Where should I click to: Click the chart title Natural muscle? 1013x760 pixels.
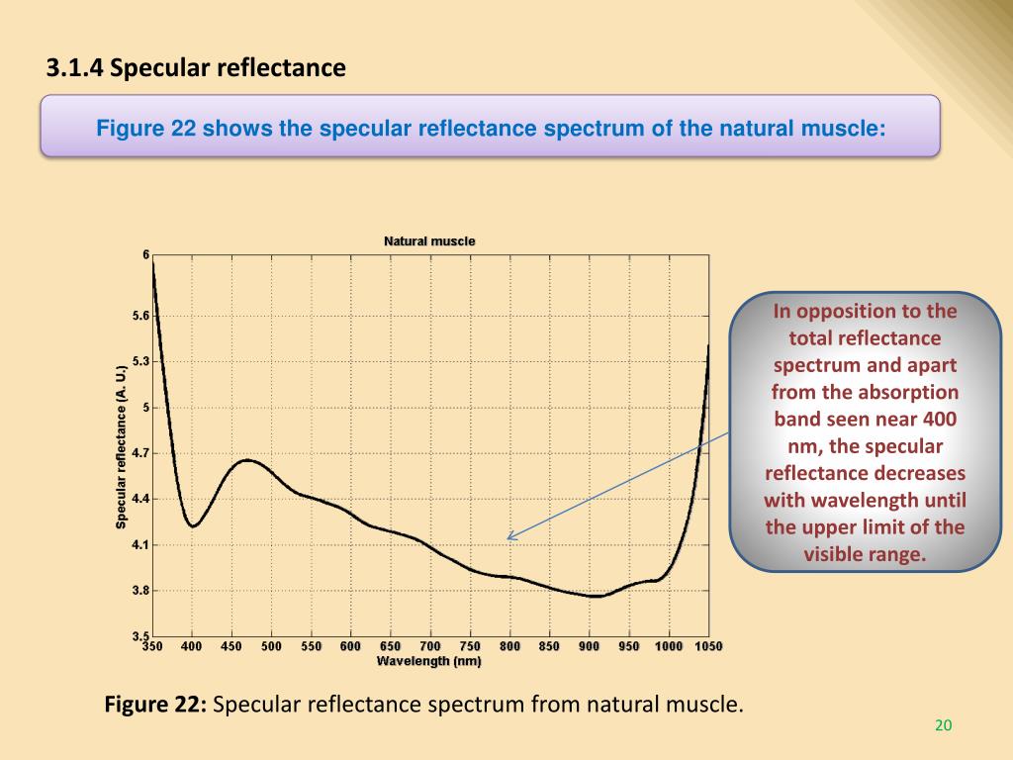pos(429,241)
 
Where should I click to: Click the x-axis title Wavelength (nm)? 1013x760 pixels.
pos(428,661)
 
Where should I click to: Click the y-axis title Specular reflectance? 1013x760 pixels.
pos(122,445)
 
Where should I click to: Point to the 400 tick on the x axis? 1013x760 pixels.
pos(192,646)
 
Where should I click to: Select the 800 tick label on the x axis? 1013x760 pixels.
pos(509,646)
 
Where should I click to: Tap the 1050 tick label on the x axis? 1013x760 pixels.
pos(707,646)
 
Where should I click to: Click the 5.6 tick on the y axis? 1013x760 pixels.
pos(139,316)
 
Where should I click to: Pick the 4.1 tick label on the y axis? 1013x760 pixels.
pos(139,545)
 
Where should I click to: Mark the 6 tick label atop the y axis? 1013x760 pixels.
pos(145,255)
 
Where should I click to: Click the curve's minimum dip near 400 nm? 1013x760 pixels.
pos(194,525)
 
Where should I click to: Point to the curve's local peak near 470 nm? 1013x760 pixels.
pos(247,460)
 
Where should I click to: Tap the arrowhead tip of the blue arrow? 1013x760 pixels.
pos(507,538)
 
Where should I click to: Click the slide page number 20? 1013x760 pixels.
pos(943,726)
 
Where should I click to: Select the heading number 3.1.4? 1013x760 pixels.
pos(75,68)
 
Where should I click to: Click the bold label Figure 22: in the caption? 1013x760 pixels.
pos(155,706)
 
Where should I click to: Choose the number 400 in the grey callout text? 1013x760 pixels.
pos(938,420)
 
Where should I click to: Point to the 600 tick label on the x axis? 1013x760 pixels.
pos(350,646)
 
